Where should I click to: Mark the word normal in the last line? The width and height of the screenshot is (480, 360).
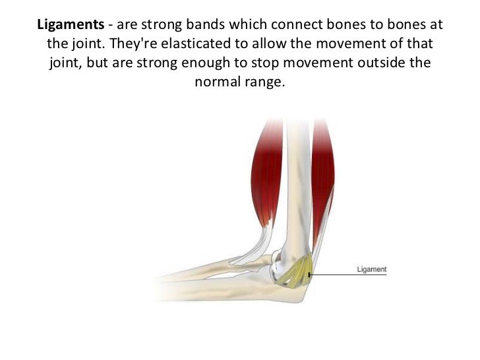pos(216,83)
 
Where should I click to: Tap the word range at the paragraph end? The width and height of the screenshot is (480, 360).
pos(266,83)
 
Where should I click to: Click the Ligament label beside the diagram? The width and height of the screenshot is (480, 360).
pos(371,270)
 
